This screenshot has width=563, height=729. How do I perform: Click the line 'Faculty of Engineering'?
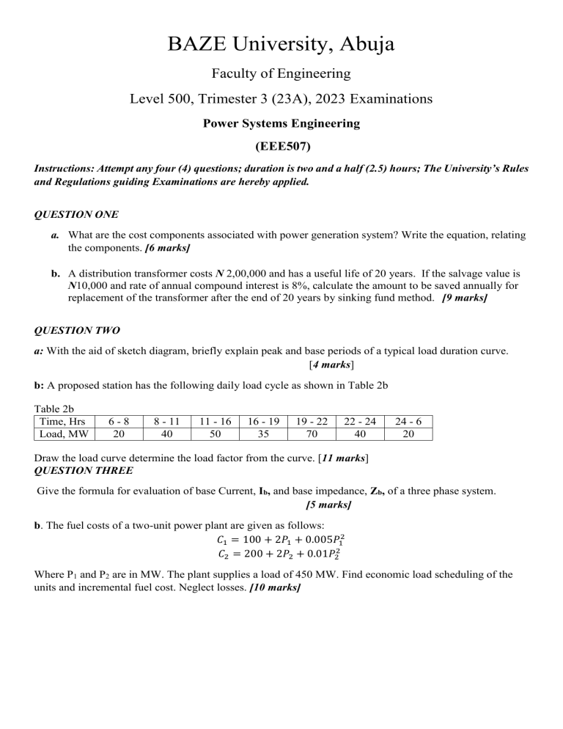click(x=281, y=73)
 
